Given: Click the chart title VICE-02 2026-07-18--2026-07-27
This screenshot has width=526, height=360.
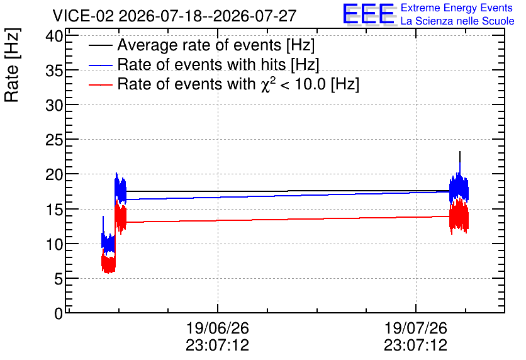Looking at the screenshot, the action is click(x=174, y=16).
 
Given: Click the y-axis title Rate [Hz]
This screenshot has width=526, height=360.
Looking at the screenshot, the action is click(x=12, y=65).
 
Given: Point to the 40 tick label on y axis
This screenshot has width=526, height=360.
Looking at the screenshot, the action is click(x=54, y=36).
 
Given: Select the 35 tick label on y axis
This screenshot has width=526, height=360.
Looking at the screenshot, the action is click(x=54, y=70).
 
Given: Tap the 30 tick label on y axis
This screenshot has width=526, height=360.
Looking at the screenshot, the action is click(x=54, y=105).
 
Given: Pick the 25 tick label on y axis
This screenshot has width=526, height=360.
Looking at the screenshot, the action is click(x=54, y=140).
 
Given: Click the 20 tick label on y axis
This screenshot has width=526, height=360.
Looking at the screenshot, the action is click(x=54, y=175).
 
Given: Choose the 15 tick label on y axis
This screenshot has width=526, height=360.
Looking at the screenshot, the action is click(x=54, y=210).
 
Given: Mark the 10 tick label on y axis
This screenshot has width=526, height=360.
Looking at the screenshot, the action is click(x=54, y=244).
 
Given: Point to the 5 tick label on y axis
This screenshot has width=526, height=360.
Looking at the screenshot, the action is click(x=59, y=279).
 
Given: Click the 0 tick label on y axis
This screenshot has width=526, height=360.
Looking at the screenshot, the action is click(x=59, y=313).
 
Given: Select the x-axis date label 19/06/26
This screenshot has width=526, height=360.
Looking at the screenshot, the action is click(x=217, y=328).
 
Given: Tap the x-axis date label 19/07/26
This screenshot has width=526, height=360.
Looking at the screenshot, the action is click(x=416, y=328).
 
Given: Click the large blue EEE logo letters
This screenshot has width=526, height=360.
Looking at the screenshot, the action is click(x=369, y=14).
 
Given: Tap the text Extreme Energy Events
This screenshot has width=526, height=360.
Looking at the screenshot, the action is click(x=457, y=8).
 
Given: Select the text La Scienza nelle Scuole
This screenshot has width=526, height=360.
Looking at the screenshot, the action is click(x=457, y=21).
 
